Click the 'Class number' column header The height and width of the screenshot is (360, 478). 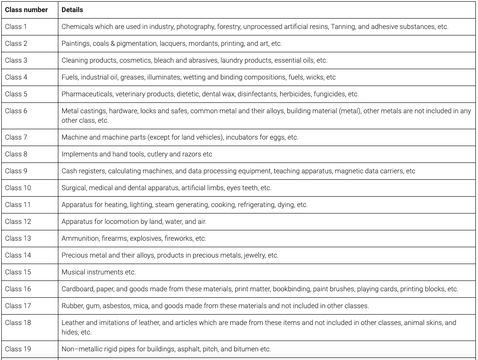(26, 10)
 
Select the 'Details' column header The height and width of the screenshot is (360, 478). (72, 10)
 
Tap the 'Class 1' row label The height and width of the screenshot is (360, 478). (16, 27)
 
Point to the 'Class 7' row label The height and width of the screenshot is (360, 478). (16, 137)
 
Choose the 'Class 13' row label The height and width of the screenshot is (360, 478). (18, 239)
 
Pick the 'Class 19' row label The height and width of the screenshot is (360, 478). (18, 349)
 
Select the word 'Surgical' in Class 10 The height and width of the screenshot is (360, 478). (73, 188)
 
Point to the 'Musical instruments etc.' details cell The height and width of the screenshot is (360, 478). (99, 272)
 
